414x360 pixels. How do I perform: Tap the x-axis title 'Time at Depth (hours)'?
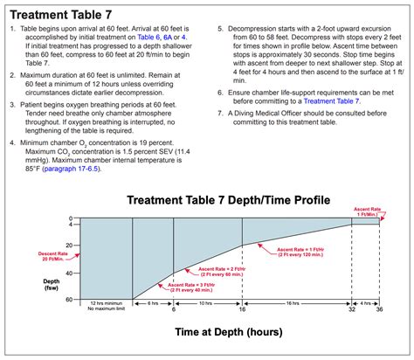tap(229, 333)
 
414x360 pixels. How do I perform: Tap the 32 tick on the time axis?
tap(351, 309)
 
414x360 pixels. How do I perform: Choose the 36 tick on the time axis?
tap(380, 309)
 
